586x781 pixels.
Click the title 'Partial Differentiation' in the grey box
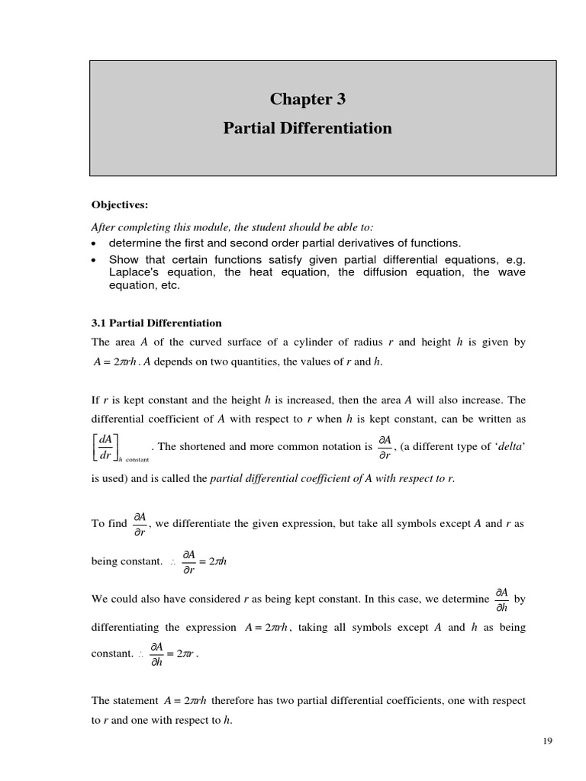click(x=307, y=128)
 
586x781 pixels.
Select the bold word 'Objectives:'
click(x=119, y=204)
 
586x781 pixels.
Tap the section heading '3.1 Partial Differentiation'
click(x=156, y=323)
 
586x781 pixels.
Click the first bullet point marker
click(x=94, y=244)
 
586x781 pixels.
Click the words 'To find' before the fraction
click(x=108, y=524)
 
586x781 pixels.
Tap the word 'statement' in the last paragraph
click(x=137, y=700)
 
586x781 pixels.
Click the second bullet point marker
click(x=94, y=259)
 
